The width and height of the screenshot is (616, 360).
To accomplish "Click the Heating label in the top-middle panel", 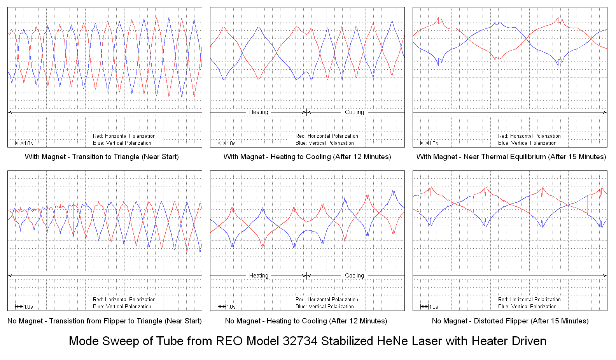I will [x=259, y=112].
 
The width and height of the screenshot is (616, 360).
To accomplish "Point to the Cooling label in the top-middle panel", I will [x=354, y=112].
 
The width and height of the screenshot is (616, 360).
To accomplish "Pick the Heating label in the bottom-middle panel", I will [x=259, y=276].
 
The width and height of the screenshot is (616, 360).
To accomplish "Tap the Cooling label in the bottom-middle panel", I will [x=354, y=276].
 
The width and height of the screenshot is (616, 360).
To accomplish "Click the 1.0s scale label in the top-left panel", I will [x=28, y=144].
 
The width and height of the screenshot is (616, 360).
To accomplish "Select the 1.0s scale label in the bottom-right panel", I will [x=434, y=307].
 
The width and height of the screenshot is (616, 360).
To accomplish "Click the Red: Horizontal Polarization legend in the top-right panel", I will [x=529, y=136].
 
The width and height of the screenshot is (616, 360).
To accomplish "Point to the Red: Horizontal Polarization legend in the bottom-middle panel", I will [x=327, y=300].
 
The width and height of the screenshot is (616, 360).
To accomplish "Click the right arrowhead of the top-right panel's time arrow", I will [x=605, y=112].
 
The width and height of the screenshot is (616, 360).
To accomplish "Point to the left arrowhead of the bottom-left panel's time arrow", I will [x=10, y=276].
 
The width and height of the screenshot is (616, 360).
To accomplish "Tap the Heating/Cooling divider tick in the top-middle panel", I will [x=307, y=112].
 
